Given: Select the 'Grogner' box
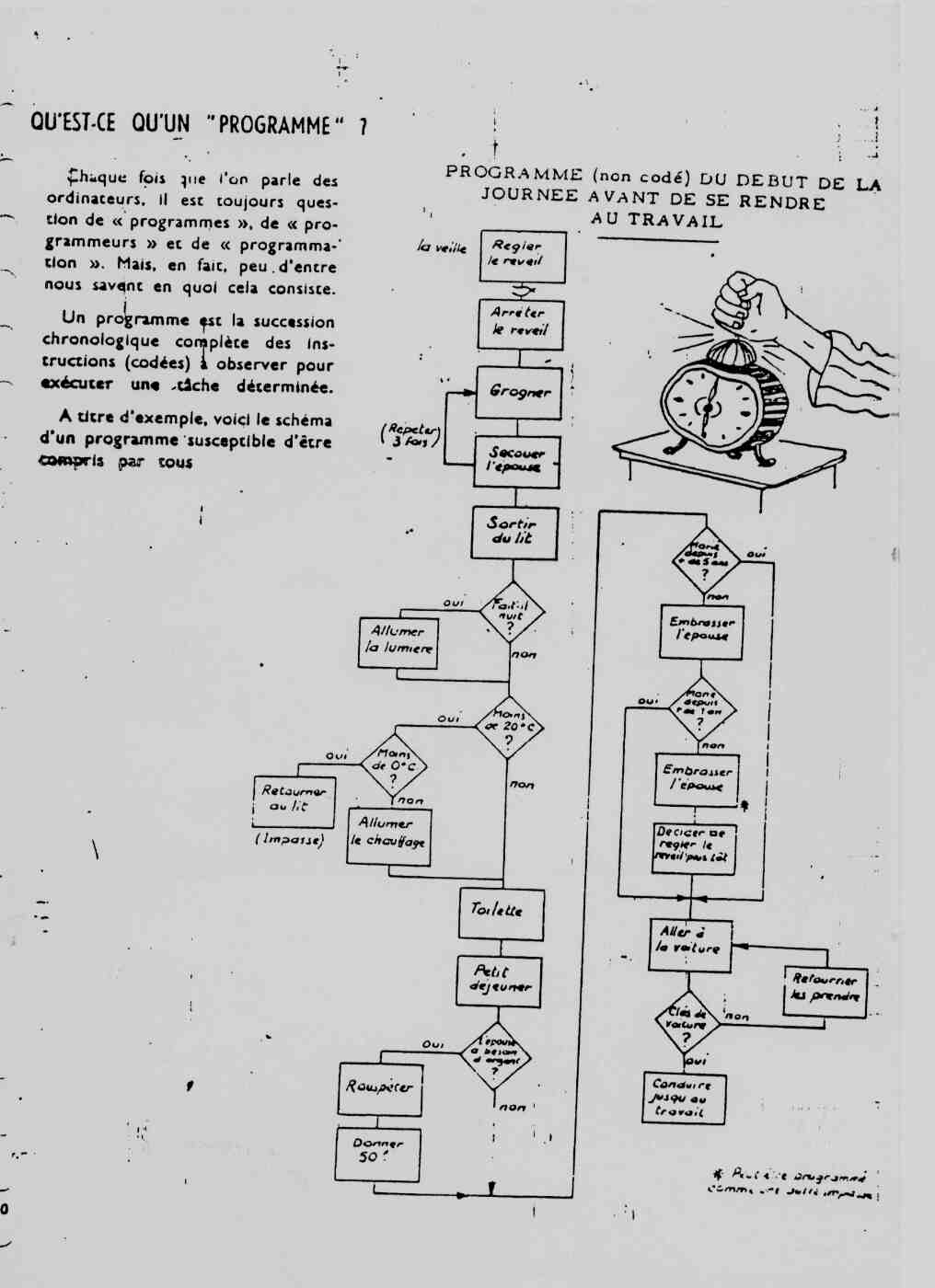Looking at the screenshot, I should pyautogui.click(x=519, y=391).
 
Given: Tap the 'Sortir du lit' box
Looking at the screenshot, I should pyautogui.click(x=514, y=532).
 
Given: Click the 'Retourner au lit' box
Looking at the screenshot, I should pyautogui.click(x=293, y=799).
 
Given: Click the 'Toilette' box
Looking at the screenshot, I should pyautogui.click(x=501, y=910).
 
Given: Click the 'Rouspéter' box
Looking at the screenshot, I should pyautogui.click(x=379, y=1087).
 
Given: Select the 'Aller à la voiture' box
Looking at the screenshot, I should pyautogui.click(x=690, y=943).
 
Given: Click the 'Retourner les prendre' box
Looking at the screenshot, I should pyautogui.click(x=825, y=990).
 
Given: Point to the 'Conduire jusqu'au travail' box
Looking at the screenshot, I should pyautogui.click(x=683, y=1098).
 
